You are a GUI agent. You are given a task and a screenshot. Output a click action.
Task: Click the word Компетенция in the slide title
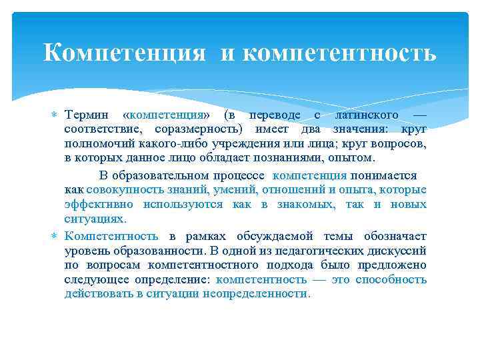point(125,53)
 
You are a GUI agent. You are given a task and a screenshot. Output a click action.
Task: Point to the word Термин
point(89,115)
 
